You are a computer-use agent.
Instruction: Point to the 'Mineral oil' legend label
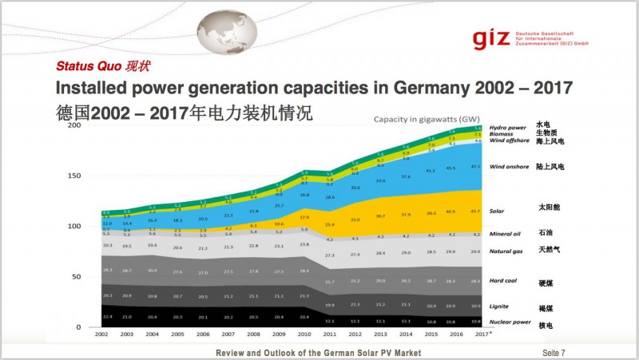[x=507, y=235]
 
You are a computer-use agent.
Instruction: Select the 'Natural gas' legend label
[x=507, y=251]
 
